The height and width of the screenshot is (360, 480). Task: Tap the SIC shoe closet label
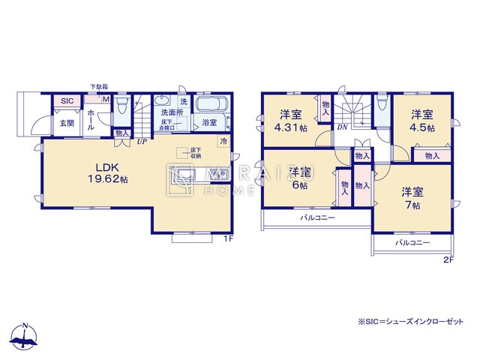66,101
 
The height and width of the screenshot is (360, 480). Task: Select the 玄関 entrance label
67,123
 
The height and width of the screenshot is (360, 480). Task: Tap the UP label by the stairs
141,139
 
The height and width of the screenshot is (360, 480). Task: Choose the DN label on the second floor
341,127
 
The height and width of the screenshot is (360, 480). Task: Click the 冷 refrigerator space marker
223,140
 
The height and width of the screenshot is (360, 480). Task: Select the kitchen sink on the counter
220,176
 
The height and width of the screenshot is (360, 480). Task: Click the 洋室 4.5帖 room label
421,121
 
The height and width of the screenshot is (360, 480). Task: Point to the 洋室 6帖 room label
300,178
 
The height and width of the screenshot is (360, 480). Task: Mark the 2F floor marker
448,260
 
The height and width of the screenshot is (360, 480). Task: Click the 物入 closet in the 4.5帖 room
432,156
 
